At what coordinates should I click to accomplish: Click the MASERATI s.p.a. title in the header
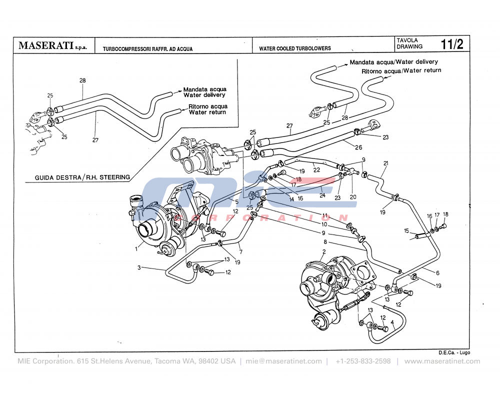(52, 45)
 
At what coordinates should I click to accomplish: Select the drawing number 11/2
(451, 44)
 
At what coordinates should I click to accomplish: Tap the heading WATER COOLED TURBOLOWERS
(294, 49)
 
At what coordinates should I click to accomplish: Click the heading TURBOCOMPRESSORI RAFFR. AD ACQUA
(147, 49)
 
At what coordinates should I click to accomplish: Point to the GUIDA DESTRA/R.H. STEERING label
(82, 177)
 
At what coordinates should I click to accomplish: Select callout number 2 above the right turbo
(324, 251)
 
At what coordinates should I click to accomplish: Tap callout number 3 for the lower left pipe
(139, 268)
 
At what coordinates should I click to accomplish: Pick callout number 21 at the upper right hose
(385, 163)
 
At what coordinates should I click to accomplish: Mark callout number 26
(358, 147)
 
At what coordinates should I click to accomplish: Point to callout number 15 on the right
(406, 230)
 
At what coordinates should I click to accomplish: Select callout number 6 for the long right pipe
(437, 273)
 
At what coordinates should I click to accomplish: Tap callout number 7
(240, 251)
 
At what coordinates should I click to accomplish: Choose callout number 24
(322, 195)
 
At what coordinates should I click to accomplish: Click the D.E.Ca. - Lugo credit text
(454, 352)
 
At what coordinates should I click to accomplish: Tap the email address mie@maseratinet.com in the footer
(283, 361)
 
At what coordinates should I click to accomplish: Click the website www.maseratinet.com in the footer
(442, 361)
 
